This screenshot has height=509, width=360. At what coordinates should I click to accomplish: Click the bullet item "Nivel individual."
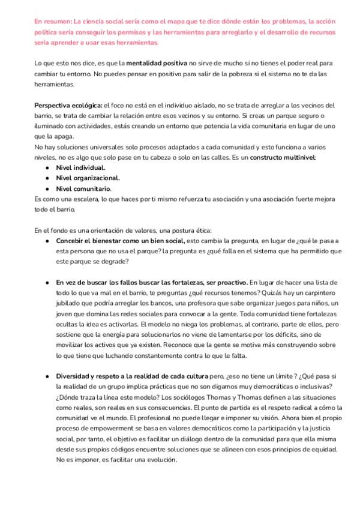(x=80, y=167)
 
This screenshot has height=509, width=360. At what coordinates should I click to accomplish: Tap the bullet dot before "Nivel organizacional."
(x=47, y=178)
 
